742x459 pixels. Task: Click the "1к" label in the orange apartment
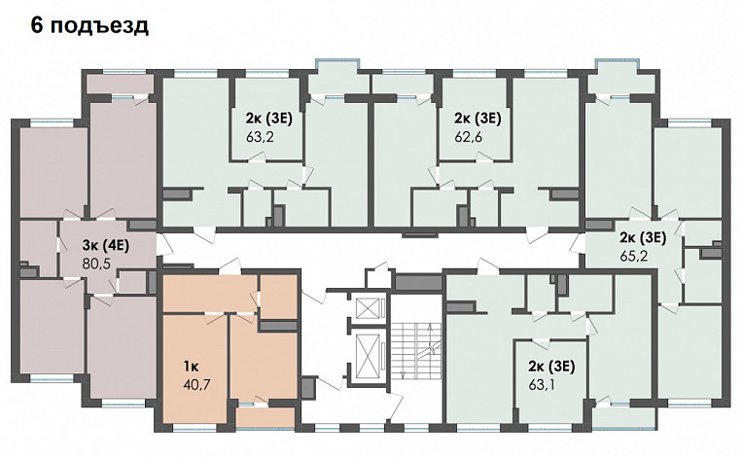click(191, 368)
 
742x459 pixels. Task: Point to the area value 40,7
click(195, 385)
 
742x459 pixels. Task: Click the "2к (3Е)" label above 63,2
click(268, 119)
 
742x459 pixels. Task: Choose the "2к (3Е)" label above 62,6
click(477, 119)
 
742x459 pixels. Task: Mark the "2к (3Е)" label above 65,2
click(644, 235)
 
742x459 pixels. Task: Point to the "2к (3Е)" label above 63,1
click(551, 367)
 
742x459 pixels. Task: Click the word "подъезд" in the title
click(100, 25)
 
